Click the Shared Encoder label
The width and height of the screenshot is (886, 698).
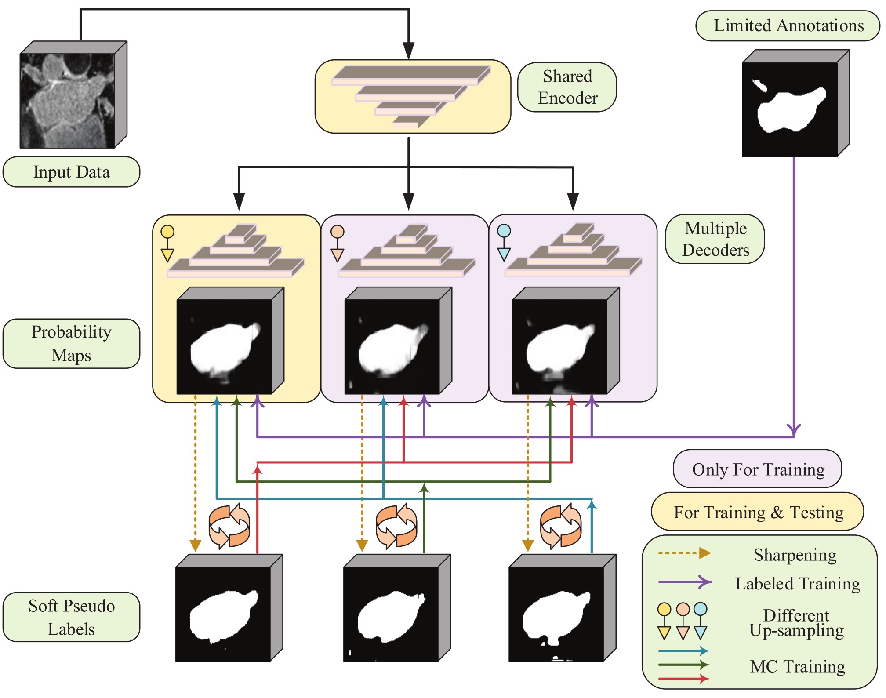pyautogui.click(x=567, y=87)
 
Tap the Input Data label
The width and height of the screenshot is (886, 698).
pyautogui.click(x=71, y=172)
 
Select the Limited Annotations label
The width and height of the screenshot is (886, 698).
pyautogui.click(x=788, y=25)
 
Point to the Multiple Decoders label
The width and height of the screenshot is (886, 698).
pyautogui.click(x=715, y=239)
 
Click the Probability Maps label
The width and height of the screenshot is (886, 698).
pyautogui.click(x=71, y=343)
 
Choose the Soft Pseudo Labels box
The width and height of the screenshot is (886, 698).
pyautogui.click(x=71, y=617)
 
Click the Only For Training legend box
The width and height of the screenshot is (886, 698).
pyautogui.click(x=758, y=469)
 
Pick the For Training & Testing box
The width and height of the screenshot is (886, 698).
pyautogui.click(x=758, y=512)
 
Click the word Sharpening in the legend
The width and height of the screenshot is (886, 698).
pyautogui.click(x=795, y=555)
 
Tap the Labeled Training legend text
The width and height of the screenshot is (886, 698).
pyautogui.click(x=797, y=584)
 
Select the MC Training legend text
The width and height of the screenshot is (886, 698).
pyautogui.click(x=797, y=666)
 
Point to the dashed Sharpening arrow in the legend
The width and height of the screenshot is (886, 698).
pyautogui.click(x=684, y=553)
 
